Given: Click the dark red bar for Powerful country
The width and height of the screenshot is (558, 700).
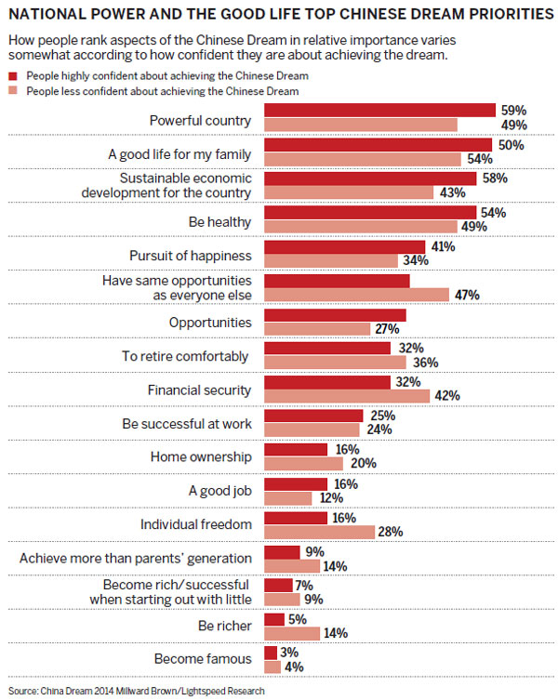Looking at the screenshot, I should tap(379, 111).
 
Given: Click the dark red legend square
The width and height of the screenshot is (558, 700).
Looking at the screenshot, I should tap(12, 74).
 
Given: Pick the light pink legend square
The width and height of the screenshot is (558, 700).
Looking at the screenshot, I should tap(12, 90).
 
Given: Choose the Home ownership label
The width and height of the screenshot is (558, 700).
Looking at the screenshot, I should tap(201, 456).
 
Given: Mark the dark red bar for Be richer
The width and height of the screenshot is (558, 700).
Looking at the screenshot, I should tap(274, 618).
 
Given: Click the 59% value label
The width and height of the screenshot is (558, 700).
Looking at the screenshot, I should tap(512, 111).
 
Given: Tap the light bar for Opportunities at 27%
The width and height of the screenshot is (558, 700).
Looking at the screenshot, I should tap(318, 329).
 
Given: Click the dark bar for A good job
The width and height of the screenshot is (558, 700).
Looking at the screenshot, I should tap(296, 483).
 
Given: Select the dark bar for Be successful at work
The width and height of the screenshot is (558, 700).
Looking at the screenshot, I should tap(313, 416).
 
